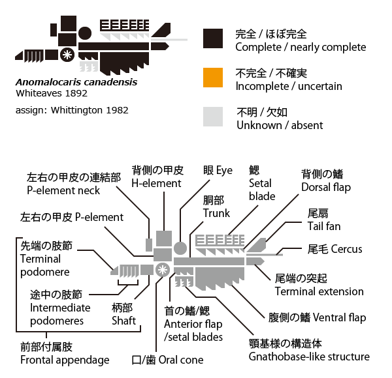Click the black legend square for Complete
tap(213, 38)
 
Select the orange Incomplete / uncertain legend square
tap(213, 78)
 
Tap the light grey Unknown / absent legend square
tap(213, 117)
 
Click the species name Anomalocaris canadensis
tap(76, 82)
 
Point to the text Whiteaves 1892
tap(52, 93)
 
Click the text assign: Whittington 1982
tap(72, 110)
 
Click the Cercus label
tap(335, 249)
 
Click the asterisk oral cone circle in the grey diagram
tap(163, 270)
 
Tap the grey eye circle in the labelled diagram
tap(180, 248)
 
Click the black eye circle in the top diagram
tap(85, 33)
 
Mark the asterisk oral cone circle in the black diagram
tap(67, 55)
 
